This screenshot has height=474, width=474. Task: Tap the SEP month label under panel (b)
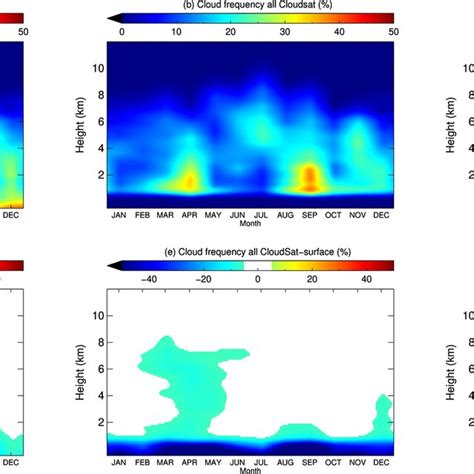point(310,213)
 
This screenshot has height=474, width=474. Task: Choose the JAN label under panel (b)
point(118,213)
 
